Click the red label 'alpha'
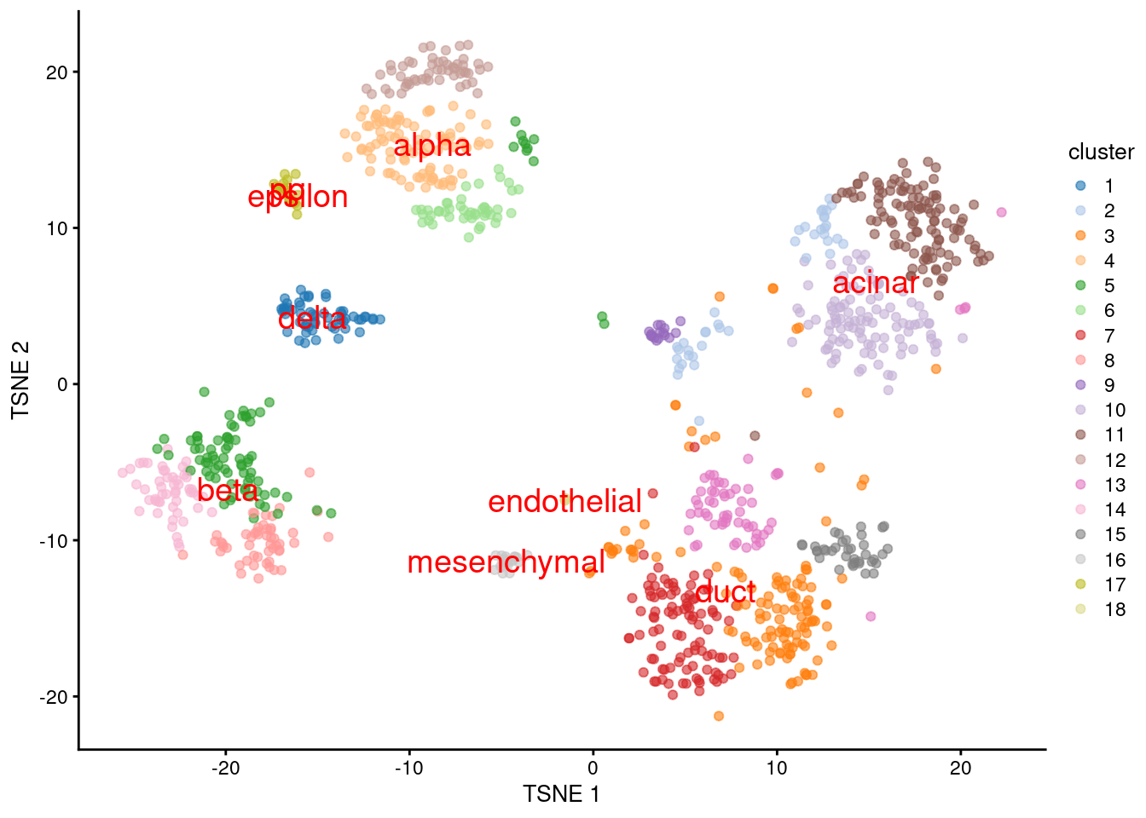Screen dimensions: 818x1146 (431, 147)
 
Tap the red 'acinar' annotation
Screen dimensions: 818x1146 (875, 283)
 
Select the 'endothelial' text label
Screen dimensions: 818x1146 (564, 502)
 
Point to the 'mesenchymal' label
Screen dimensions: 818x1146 (506, 562)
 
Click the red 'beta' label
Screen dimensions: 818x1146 (228, 490)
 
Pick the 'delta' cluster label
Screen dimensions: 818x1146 (312, 319)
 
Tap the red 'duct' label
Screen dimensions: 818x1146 (725, 592)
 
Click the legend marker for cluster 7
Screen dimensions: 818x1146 (1080, 336)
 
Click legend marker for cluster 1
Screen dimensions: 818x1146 (1080, 186)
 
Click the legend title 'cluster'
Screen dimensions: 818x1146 (1101, 153)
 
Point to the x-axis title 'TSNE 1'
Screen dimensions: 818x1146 (561, 794)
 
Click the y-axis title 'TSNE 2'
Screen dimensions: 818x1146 (20, 380)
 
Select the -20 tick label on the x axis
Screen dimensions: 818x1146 (225, 767)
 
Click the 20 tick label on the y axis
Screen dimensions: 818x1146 (57, 72)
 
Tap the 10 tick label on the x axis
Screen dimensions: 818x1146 (777, 767)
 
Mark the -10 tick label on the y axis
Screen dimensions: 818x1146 (54, 541)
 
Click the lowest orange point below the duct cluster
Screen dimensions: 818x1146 (718, 716)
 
